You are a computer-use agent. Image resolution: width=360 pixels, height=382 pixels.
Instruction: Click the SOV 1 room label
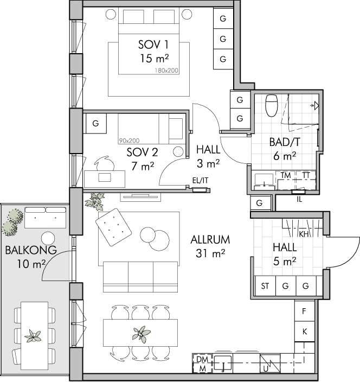pyautogui.click(x=153, y=44)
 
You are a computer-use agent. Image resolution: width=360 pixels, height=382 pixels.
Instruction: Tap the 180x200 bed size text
pyautogui.click(x=166, y=71)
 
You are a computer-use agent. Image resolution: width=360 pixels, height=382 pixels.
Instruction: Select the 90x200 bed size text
pyautogui.click(x=129, y=141)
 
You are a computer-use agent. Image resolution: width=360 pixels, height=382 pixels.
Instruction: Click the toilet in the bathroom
pyautogui.click(x=272, y=105)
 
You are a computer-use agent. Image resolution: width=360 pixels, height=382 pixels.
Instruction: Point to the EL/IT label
pyautogui.click(x=200, y=180)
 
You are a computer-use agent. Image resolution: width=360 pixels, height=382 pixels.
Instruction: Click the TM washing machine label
pyautogui.click(x=286, y=175)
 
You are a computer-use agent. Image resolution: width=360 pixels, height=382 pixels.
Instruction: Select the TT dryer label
pyautogui.click(x=306, y=175)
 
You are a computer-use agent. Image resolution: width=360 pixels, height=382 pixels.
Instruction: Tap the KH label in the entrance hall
pyautogui.click(x=304, y=234)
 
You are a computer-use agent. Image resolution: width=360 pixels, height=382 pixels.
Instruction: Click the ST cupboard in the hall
pyautogui.click(x=265, y=285)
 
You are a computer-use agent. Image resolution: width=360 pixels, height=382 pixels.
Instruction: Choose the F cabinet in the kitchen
pyautogui.click(x=304, y=311)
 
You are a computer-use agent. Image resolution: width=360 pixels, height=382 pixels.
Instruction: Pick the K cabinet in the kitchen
pyautogui.click(x=304, y=332)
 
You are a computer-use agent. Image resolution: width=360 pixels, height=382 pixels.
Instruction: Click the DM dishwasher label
pyautogui.click(x=202, y=359)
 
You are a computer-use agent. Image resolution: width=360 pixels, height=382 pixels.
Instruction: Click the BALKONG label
pyautogui.click(x=31, y=250)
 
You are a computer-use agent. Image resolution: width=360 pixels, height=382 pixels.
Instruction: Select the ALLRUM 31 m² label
pyautogui.click(x=210, y=246)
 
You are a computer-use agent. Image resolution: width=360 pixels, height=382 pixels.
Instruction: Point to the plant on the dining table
pyautogui.click(x=141, y=334)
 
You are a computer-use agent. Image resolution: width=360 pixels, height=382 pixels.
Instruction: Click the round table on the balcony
pyautogui.click(x=48, y=238)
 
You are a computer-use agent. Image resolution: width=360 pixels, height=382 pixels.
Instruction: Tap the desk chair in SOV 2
pyautogui.click(x=105, y=163)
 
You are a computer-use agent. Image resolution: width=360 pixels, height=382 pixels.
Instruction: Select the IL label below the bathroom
pyautogui.click(x=299, y=199)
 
